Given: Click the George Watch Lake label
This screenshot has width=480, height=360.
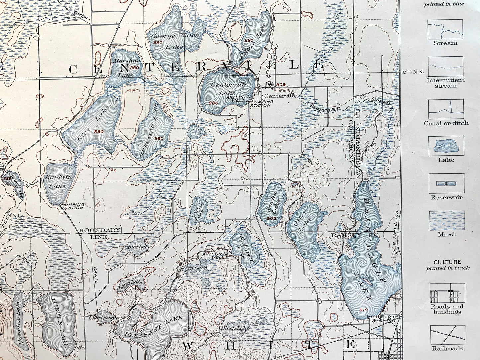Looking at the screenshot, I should click(175, 41).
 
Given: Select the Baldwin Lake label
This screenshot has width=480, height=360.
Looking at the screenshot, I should click(58, 181).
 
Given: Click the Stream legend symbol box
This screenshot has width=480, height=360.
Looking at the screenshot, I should click(445, 29).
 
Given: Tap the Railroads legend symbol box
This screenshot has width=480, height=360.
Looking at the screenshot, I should click(447, 335).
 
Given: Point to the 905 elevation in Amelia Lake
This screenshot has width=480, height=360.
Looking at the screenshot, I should click(271, 218).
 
